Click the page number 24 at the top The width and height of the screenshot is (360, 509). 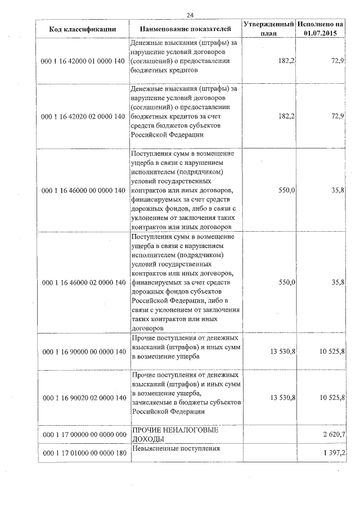(x=190, y=15)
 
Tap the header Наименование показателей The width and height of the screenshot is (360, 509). (x=185, y=28)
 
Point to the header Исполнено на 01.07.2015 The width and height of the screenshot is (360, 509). (x=320, y=29)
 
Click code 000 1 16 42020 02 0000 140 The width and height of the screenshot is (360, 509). (x=83, y=116)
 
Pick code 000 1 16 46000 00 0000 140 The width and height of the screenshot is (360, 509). (x=83, y=191)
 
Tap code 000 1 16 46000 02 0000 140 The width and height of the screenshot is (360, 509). (x=83, y=282)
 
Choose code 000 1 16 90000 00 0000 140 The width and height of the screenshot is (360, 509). (x=83, y=352)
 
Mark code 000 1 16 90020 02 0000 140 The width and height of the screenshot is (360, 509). (x=83, y=398)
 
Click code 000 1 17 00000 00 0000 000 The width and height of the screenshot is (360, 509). (x=83, y=435)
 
